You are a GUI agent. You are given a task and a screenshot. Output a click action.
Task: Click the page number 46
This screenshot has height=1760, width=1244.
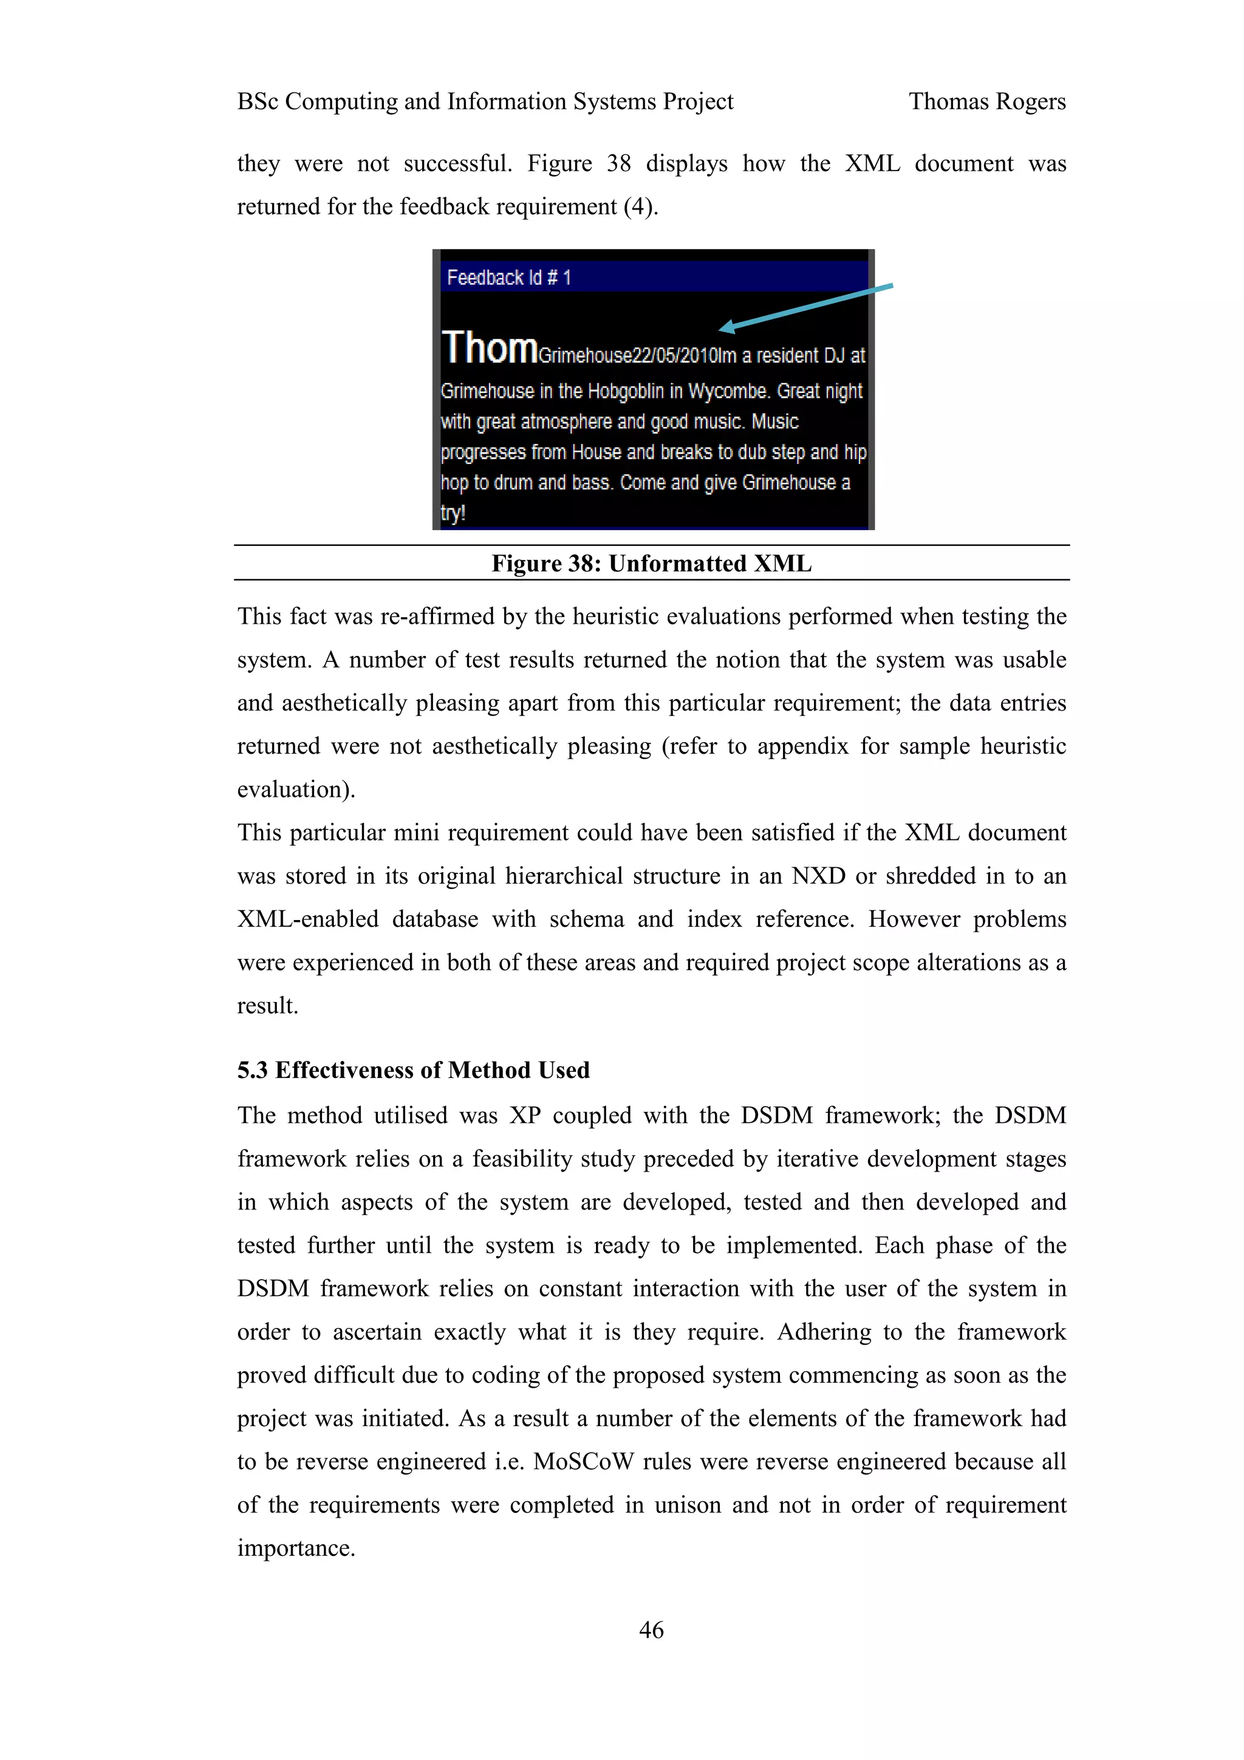coord(651,1629)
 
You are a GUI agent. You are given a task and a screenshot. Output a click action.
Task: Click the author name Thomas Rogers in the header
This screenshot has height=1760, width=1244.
coord(986,101)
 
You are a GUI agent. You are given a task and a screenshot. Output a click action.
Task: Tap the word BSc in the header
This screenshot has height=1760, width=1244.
coord(257,101)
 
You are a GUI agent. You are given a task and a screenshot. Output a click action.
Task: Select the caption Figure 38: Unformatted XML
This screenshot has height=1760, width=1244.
coord(651,564)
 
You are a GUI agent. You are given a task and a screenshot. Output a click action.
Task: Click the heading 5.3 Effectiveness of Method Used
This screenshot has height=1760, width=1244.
coord(413,1069)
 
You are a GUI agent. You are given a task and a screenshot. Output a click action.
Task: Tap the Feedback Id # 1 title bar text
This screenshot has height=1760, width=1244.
coord(509,278)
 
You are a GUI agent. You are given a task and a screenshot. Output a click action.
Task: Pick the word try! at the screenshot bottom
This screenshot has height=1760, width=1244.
coord(453,513)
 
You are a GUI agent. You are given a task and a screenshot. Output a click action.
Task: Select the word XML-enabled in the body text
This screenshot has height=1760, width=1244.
coord(307,918)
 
